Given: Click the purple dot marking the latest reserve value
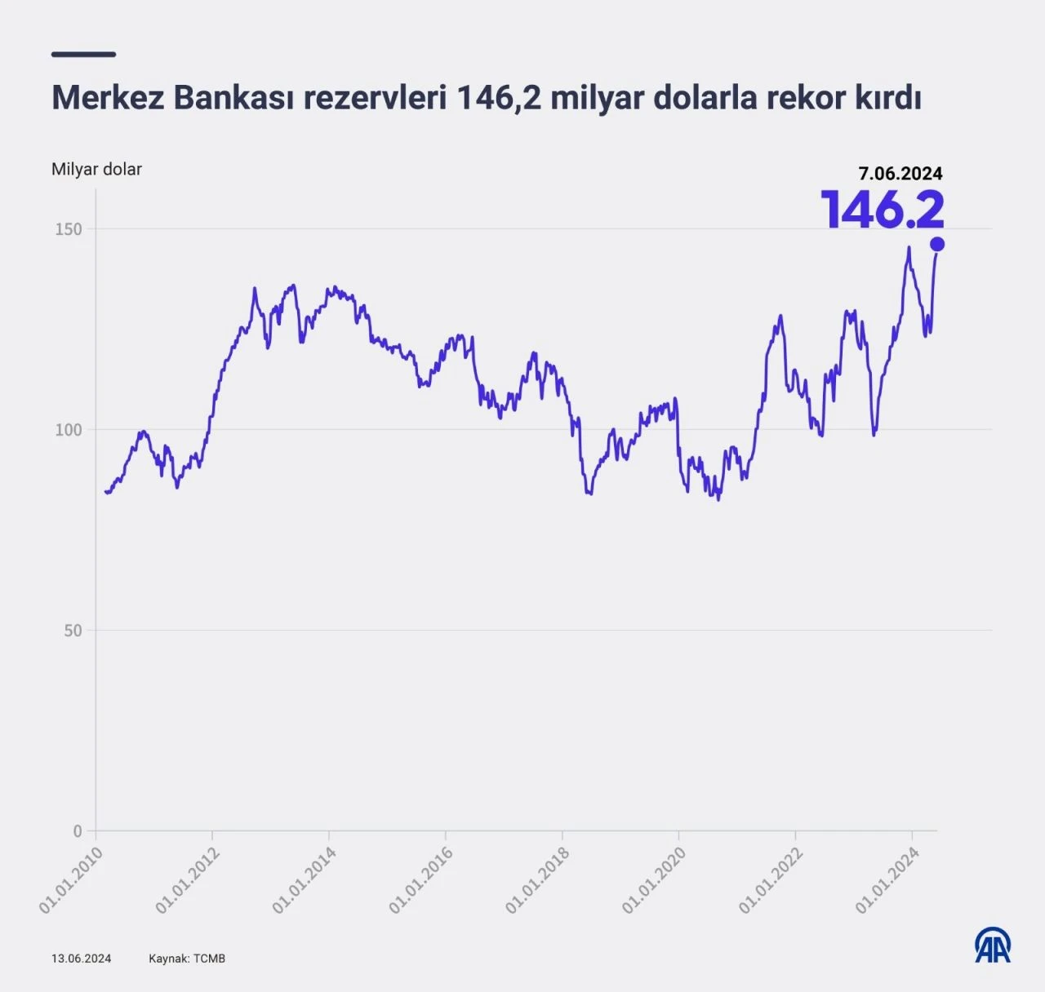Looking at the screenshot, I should pos(937,244).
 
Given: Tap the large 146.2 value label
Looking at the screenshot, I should pos(883,210).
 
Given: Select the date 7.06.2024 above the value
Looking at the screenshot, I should pos(900,173).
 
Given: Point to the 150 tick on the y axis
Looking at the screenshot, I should pos(69,229).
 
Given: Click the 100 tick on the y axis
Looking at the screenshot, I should pos(69,430).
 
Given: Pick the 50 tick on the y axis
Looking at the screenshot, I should pos(73,631).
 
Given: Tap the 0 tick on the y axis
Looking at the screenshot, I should pos(78,831).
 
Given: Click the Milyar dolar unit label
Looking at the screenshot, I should pos(96,170).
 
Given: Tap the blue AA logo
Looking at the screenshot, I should pos(993,945).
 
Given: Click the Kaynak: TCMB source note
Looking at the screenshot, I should pos(186,959).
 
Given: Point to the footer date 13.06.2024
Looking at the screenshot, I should pos(81,959).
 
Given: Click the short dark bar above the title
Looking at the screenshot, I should pos(83,55).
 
